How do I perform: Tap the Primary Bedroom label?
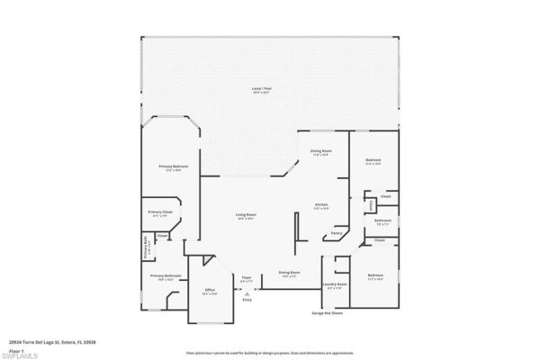(x=173, y=168)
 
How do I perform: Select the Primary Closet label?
(x=160, y=213)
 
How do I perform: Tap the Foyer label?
(x=247, y=278)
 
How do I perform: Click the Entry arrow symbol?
(x=247, y=293)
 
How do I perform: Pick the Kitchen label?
(x=320, y=206)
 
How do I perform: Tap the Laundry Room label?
(x=335, y=286)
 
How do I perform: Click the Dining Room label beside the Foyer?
(x=289, y=272)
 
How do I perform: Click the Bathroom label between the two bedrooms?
(x=382, y=220)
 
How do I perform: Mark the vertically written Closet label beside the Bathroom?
(x=371, y=206)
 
